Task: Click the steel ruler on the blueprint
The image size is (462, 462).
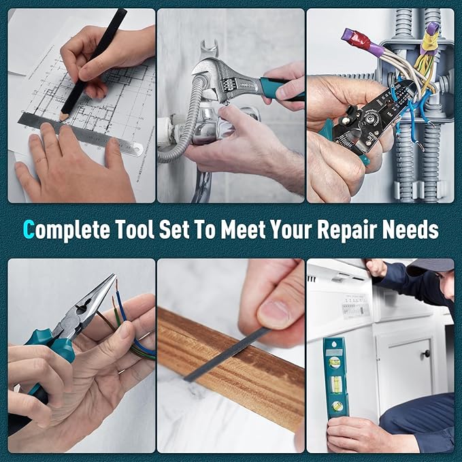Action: (82, 134)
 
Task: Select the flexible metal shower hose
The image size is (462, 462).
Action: (178, 129)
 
